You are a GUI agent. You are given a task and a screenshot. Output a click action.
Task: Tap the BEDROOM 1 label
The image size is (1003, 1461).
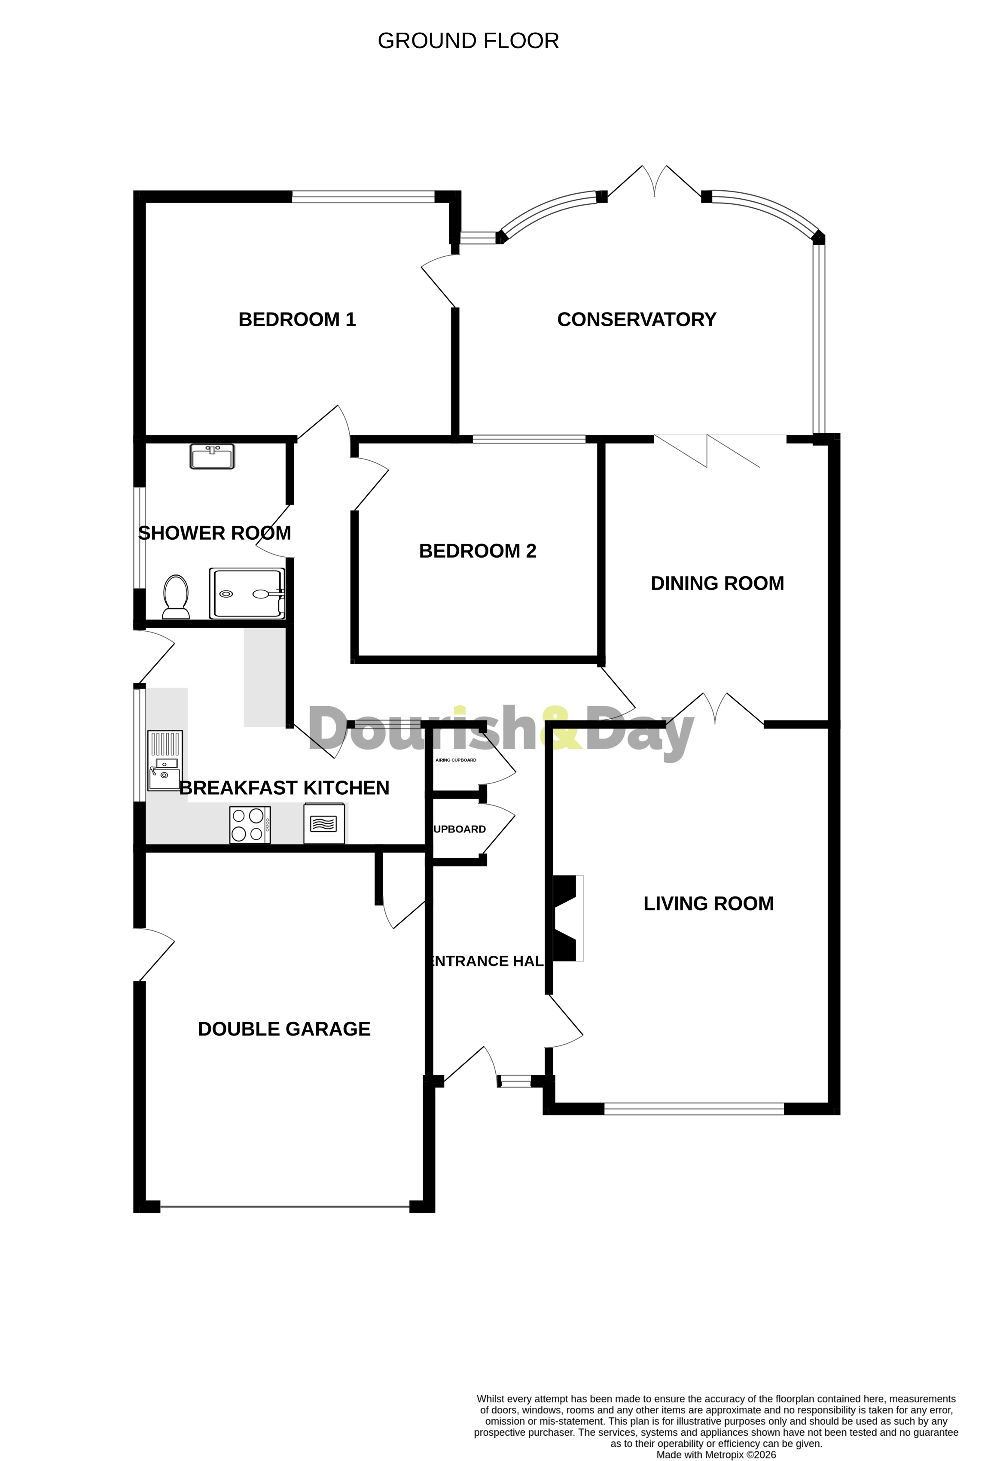click(297, 319)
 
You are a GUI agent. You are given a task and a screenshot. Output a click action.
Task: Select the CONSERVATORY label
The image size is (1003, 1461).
click(637, 319)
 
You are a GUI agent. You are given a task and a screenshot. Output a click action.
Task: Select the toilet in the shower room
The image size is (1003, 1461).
click(176, 597)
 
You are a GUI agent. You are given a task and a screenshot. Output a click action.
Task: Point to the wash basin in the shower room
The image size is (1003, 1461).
click(212, 456)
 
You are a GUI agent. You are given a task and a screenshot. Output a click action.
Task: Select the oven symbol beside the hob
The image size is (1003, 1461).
click(324, 823)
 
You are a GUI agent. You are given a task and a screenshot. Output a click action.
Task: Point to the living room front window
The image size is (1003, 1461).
click(694, 1109)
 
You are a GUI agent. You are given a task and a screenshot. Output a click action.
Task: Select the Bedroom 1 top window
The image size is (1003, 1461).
click(363, 197)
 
